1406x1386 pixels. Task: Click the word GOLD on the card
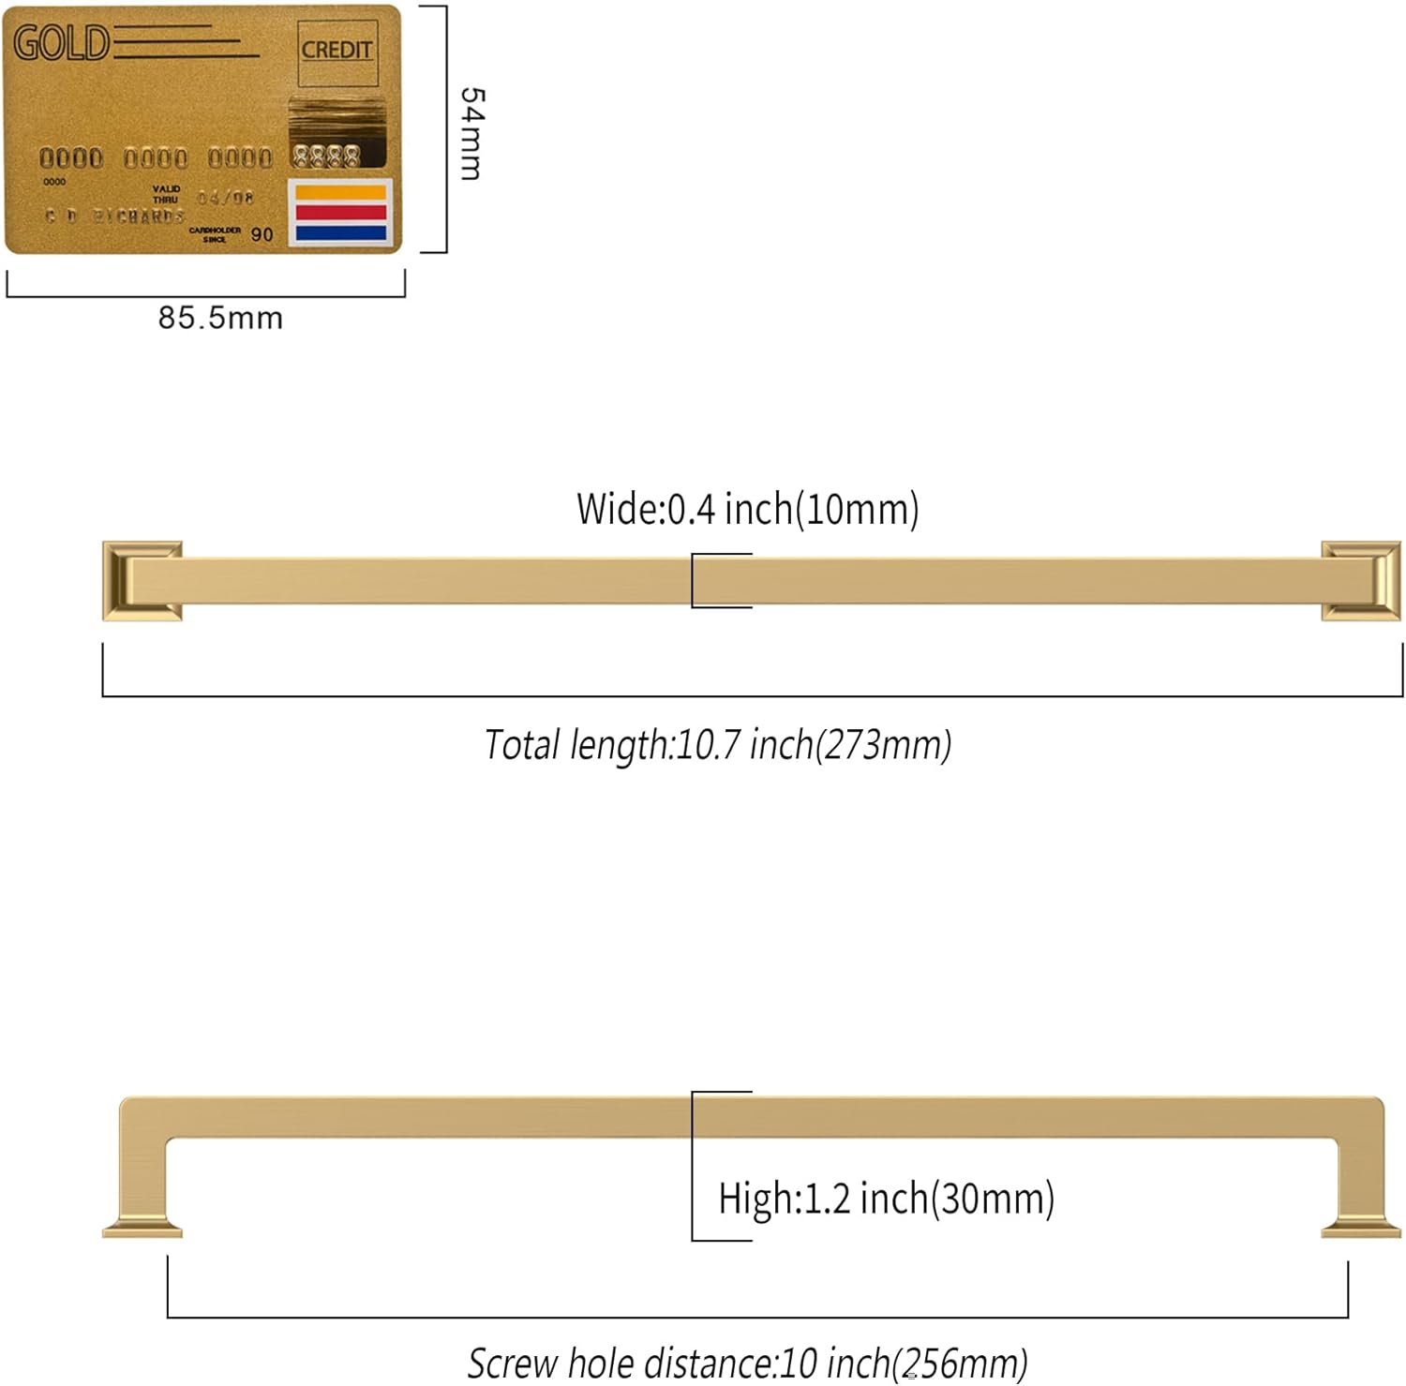(x=61, y=43)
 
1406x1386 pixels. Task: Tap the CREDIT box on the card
(x=337, y=50)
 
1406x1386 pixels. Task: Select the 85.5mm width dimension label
(x=219, y=318)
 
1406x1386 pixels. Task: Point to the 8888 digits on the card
(x=325, y=156)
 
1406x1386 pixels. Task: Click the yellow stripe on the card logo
(x=341, y=193)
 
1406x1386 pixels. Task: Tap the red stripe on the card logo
(x=341, y=213)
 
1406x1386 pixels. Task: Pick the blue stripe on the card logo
(x=341, y=232)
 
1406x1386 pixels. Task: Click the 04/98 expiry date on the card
(x=225, y=198)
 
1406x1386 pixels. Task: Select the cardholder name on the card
(x=115, y=216)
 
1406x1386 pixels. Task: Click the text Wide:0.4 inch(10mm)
(x=747, y=509)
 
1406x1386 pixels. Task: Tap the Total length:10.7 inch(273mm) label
(x=718, y=745)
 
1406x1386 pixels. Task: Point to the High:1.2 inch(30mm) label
(x=886, y=1198)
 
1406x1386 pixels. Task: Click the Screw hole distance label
(x=747, y=1363)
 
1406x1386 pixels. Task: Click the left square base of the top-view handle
(x=142, y=581)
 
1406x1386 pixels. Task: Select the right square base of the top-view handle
(x=1361, y=581)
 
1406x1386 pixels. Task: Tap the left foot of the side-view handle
(x=142, y=1228)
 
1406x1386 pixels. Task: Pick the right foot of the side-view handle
(x=1361, y=1228)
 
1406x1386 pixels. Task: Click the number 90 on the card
(x=262, y=234)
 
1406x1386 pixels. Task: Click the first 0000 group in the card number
(x=71, y=157)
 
